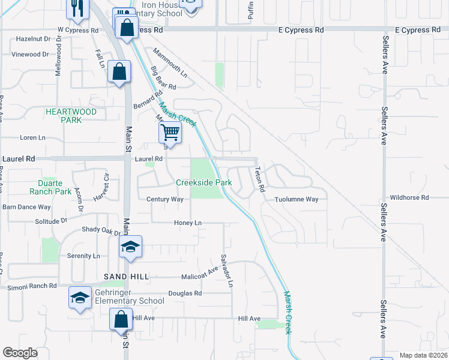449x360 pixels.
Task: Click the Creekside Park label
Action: [203, 182]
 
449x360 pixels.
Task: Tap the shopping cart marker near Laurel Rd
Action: [170, 132]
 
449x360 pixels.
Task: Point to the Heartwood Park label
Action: [71, 116]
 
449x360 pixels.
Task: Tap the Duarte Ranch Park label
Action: [50, 187]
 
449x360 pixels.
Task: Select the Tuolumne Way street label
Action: [296, 199]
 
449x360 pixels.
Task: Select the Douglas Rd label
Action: [185, 293]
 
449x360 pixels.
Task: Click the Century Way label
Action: [164, 199]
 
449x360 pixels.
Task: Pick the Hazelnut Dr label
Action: [32, 38]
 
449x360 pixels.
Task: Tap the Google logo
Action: [20, 353]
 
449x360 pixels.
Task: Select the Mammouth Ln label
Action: [170, 63]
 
